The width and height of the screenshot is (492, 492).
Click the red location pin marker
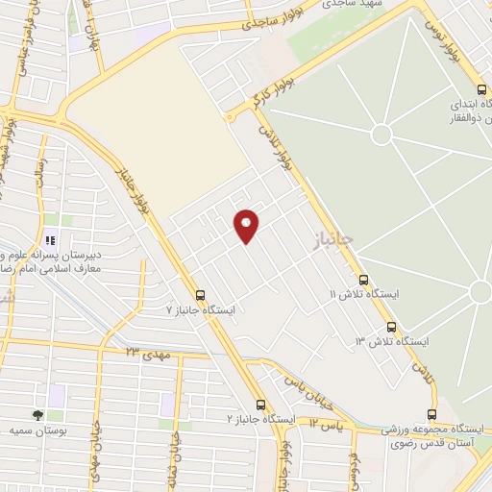point(247,226)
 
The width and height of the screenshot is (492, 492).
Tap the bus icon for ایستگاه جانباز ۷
point(200,295)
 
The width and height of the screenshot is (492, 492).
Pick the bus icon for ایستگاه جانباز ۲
point(260,405)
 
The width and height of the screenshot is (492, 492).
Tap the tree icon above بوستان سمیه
point(37,415)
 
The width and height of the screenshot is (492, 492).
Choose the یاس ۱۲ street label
point(327,422)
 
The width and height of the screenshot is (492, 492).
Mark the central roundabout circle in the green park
point(382,133)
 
